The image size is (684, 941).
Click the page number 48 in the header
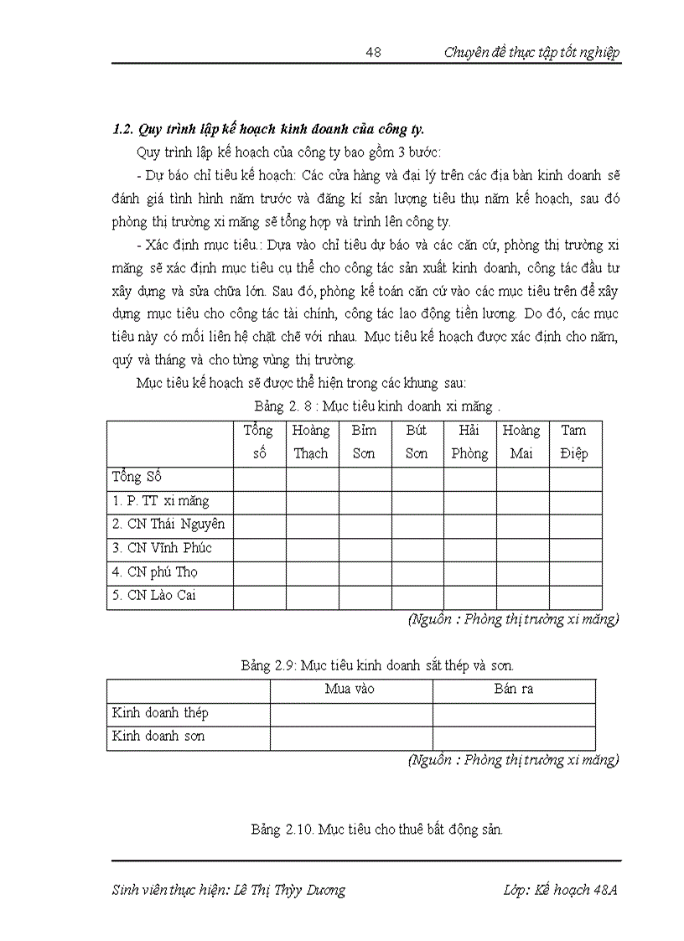[374, 53]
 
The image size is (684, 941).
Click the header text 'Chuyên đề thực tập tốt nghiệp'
[531, 53]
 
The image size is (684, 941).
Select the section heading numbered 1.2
[268, 129]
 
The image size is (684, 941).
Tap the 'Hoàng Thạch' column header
[312, 442]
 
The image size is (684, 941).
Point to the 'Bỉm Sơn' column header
[365, 442]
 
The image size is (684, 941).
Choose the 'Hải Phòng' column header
[469, 442]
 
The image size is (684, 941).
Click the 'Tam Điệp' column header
[575, 442]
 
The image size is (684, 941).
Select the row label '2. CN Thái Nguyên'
[168, 525]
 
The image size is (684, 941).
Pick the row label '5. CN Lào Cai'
[156, 596]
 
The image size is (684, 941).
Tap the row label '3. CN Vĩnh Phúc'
[162, 548]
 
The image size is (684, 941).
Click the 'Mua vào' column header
[350, 690]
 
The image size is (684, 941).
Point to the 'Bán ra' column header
[514, 690]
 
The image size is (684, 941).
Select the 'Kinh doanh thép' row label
[160, 713]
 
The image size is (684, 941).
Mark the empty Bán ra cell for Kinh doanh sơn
[514, 737]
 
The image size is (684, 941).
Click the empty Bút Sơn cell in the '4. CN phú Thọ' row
[417, 573]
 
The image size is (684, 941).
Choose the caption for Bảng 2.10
[376, 830]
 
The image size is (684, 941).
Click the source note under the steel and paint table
[513, 760]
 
